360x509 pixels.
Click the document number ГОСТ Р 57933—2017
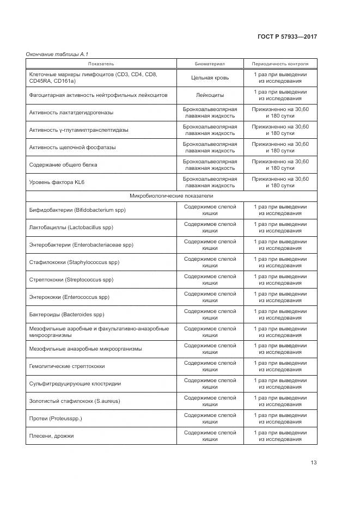(288, 36)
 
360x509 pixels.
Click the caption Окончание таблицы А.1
(58, 54)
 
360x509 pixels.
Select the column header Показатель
(101, 64)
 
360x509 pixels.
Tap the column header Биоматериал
(210, 64)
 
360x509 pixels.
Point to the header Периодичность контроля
(280, 64)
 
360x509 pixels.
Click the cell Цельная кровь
(210, 78)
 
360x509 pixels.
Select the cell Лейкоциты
(210, 95)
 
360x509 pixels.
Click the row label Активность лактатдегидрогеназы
(71, 113)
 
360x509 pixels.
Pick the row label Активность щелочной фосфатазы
(72, 148)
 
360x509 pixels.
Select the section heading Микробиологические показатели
(171, 196)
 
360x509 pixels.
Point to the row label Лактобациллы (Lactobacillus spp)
(71, 228)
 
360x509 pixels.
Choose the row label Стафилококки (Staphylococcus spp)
(74, 262)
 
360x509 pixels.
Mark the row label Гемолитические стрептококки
(67, 366)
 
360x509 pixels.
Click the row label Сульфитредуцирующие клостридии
(75, 384)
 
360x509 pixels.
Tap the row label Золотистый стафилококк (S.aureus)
(74, 401)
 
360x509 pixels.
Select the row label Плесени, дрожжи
(51, 436)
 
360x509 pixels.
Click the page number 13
(314, 463)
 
